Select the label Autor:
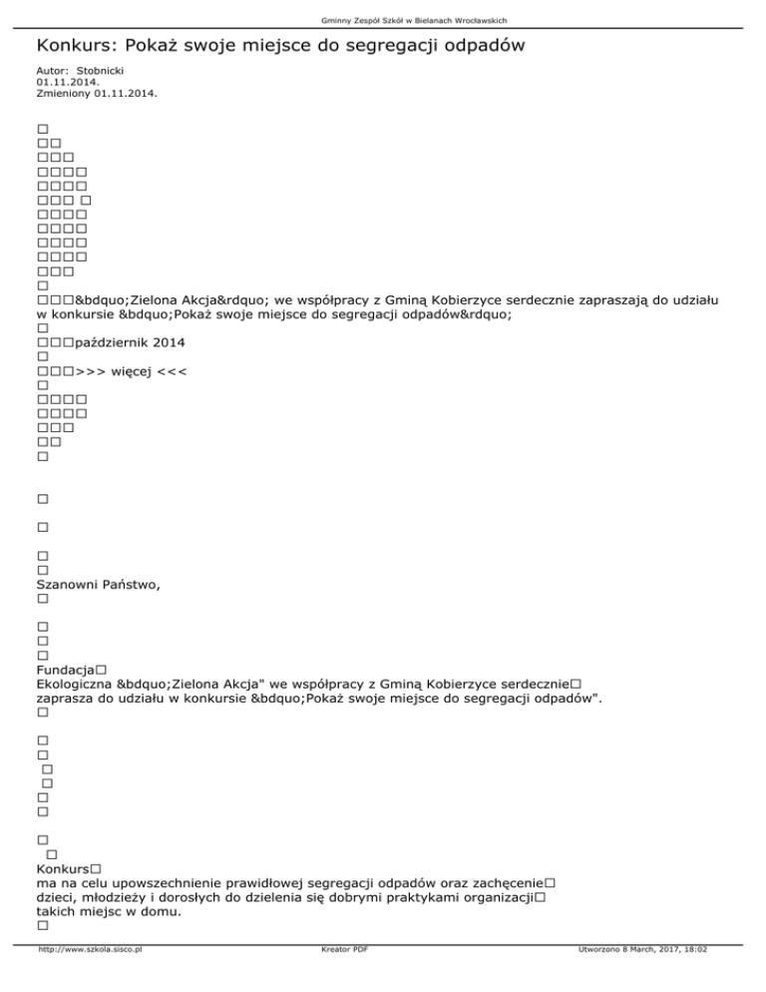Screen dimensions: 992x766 coord(52,72)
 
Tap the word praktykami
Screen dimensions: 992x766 coord(391,898)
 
